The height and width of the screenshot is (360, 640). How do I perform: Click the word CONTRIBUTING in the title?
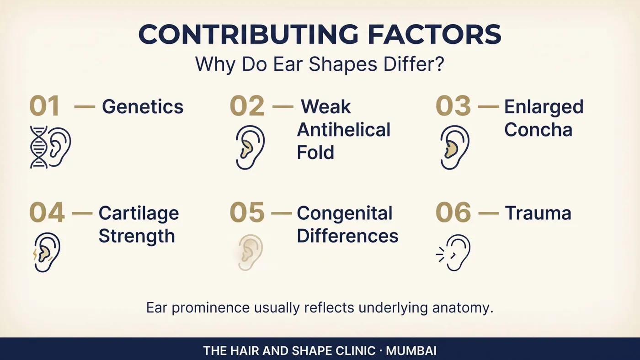(x=248, y=34)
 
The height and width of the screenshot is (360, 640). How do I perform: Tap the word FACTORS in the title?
(x=434, y=34)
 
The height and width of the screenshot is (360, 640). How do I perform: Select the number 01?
(x=45, y=106)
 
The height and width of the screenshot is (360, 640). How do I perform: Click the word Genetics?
(x=143, y=107)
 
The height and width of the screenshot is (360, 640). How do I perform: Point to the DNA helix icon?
(x=39, y=147)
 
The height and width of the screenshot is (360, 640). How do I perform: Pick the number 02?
(x=247, y=106)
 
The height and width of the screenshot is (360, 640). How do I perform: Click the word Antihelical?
(x=344, y=130)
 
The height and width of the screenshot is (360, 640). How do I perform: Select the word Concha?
(x=539, y=130)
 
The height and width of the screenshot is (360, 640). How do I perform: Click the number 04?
(x=47, y=212)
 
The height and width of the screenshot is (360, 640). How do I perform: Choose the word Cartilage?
(x=139, y=213)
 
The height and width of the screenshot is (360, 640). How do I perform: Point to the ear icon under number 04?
(x=47, y=252)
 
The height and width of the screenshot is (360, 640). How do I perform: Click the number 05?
(x=247, y=212)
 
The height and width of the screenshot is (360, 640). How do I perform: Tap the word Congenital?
(x=345, y=213)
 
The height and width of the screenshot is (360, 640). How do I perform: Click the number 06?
(x=453, y=212)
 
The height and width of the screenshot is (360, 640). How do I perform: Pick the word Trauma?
(x=539, y=213)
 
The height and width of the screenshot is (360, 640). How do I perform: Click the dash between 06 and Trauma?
(x=489, y=213)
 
